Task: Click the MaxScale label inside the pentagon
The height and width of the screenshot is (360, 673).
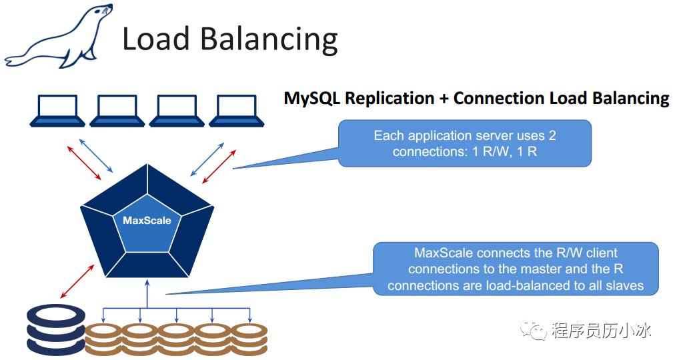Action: coord(147,220)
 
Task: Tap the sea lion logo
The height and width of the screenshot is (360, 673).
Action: coord(59,37)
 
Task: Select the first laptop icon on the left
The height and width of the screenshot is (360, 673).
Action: coord(57,111)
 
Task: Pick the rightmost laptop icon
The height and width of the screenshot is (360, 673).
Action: coord(237,111)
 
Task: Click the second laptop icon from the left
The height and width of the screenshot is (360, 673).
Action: coord(117,111)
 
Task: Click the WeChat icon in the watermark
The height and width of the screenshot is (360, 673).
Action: coord(534,329)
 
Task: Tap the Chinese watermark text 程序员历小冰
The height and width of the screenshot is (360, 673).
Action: coord(600,329)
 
